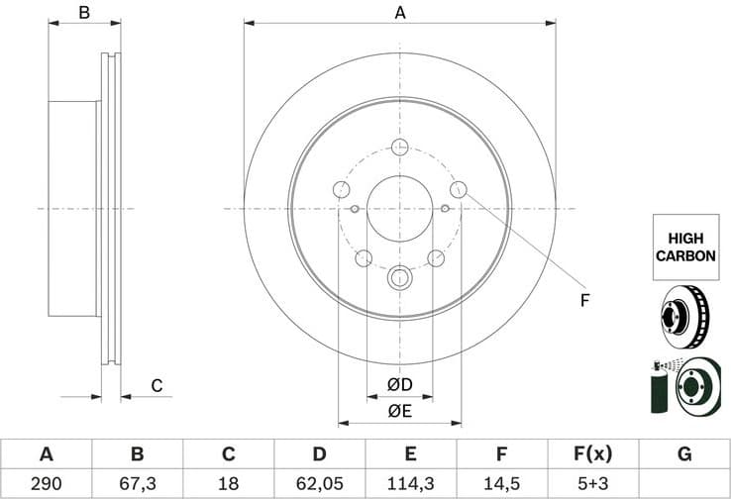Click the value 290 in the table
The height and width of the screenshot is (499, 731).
click(x=46, y=485)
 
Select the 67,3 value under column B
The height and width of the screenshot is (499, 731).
click(x=138, y=485)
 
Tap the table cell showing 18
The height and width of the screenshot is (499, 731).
click(x=228, y=485)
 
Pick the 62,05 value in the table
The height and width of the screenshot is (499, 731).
click(x=319, y=485)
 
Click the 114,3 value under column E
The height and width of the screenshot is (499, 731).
click(x=410, y=485)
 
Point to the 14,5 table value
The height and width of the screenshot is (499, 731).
click(x=501, y=485)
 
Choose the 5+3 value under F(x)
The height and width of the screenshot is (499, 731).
click(x=592, y=485)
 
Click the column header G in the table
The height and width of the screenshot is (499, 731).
click(x=683, y=454)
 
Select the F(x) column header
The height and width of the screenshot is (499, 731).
click(x=592, y=454)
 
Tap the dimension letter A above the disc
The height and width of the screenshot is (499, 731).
click(x=400, y=13)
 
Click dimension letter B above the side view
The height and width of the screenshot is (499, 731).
click(x=84, y=13)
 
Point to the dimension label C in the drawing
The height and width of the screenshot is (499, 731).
click(x=156, y=385)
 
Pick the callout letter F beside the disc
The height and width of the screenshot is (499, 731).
click(x=584, y=300)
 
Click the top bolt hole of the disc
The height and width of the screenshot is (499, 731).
click(x=400, y=148)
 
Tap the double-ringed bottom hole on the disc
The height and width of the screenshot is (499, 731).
click(x=400, y=277)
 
